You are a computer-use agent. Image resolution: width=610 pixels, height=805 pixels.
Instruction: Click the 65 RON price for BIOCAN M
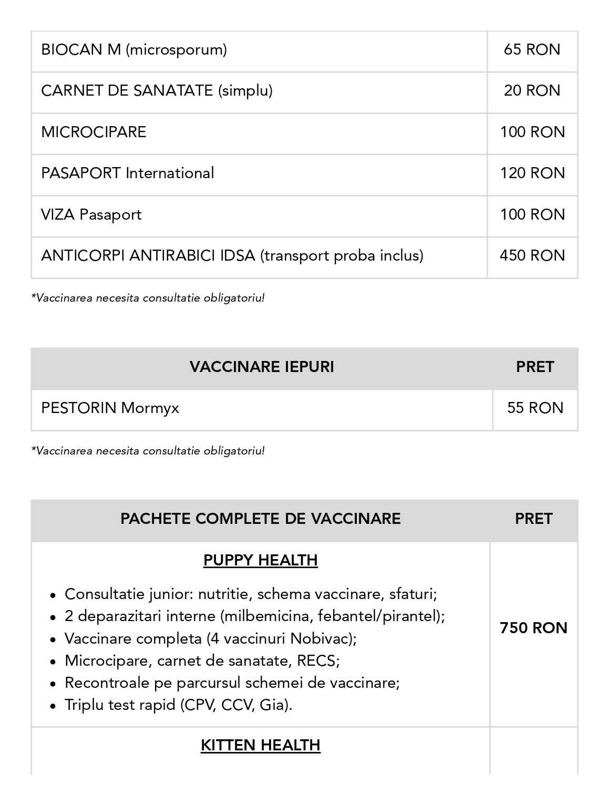532,50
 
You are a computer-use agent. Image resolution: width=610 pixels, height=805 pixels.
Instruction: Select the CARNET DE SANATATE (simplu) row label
157,91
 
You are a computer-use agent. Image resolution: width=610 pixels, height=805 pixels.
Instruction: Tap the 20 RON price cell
532,91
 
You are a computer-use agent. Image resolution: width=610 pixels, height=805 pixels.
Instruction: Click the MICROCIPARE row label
94,132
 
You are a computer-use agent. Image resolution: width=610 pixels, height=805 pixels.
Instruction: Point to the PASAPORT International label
127,173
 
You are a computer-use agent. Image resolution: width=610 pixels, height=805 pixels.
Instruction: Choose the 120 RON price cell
532,173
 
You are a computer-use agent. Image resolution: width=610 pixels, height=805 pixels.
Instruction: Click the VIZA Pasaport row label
91,215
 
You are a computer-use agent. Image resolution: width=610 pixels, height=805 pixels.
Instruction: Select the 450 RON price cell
532,256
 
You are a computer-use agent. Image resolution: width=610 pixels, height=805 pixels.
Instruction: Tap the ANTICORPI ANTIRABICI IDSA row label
232,256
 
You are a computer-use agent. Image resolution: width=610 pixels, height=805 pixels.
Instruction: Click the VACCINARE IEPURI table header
262,367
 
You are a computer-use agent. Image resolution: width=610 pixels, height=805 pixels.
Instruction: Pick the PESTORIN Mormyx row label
110,408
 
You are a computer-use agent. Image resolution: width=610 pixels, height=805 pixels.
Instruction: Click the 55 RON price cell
535,408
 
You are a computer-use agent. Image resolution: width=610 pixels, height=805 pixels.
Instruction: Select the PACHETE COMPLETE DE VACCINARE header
260,519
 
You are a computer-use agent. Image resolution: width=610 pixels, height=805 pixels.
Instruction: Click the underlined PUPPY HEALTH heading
260,560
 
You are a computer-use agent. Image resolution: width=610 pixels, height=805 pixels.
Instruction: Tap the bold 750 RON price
533,628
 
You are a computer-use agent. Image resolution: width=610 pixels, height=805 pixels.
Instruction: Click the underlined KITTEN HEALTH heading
260,745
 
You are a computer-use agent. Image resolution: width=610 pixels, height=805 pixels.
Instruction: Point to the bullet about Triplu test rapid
178,705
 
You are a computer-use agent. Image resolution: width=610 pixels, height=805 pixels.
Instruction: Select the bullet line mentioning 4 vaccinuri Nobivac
210,638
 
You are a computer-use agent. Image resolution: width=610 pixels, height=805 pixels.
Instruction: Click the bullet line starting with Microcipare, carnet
202,660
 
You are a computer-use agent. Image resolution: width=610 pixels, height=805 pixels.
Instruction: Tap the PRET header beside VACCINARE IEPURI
535,367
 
